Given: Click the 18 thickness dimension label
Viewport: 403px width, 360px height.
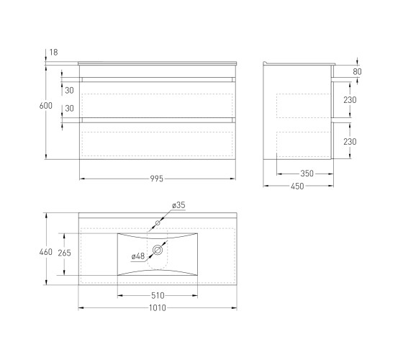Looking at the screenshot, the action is [x=54, y=53].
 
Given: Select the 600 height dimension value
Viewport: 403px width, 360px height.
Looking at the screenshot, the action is [x=46, y=106].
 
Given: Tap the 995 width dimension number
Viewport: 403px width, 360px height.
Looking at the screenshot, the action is [x=157, y=179].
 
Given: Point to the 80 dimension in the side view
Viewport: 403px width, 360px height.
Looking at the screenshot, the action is [x=357, y=72].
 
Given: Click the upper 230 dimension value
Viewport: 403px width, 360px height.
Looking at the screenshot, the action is [x=350, y=100].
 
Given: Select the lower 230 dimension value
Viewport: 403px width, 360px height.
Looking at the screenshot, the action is [x=350, y=142].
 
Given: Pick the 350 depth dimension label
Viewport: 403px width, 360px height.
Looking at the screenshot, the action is [x=307, y=174].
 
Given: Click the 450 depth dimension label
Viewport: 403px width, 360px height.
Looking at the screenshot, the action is [x=297, y=186].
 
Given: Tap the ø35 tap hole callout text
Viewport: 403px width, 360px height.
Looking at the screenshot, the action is [x=178, y=205].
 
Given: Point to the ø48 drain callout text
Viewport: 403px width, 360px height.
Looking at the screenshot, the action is [x=138, y=256].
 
